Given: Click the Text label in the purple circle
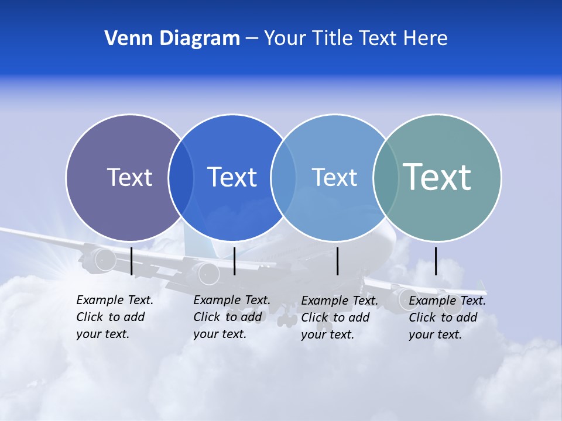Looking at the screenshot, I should pos(129,177).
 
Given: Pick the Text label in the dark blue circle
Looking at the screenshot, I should pos(232,177).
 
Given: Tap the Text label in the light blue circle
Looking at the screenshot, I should pos(334,177).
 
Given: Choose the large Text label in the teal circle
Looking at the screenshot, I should pos(437,177).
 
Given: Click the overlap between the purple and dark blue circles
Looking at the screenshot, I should pos(181,178).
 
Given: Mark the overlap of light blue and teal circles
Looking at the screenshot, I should pos(385,178).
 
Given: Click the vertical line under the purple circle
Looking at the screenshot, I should pos(132,261).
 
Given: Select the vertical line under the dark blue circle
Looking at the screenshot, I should pos(234,261).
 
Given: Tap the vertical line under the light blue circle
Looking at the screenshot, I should pos(338,261).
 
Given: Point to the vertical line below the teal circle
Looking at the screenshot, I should pos(436,261).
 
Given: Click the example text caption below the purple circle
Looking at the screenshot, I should pos(114,317).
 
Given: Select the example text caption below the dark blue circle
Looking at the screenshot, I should pos(231,317).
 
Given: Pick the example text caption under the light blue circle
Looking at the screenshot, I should pos(339,318).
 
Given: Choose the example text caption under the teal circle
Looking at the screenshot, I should pos(447,318).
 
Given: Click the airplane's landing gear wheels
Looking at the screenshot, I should pos(287,320).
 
